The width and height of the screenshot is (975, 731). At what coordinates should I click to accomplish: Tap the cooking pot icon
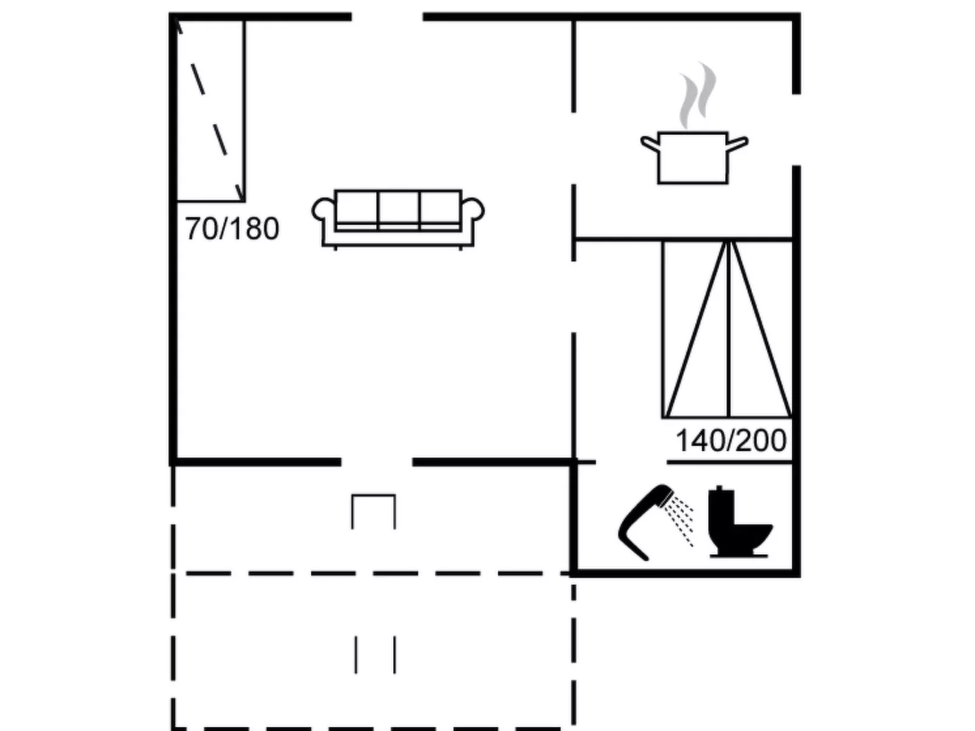pos(694,158)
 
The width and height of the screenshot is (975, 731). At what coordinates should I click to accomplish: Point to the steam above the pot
pos(697,95)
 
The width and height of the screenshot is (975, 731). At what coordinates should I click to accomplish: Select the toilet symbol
pos(739,522)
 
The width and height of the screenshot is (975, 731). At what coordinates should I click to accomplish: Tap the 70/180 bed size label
pos(232,229)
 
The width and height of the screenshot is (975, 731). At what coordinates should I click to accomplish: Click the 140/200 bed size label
pos(731,441)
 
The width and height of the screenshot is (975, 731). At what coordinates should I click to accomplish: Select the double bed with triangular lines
pos(727,329)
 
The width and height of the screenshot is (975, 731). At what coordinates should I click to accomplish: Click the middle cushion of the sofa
pos(398,209)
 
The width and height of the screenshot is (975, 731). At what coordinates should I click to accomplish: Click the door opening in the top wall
pos(387,17)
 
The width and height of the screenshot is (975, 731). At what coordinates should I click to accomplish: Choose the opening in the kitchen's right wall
pos(797,130)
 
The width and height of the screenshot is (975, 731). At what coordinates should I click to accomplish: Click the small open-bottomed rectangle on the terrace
pos(373,511)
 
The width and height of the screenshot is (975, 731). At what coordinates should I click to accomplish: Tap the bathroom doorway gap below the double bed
pos(631,462)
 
